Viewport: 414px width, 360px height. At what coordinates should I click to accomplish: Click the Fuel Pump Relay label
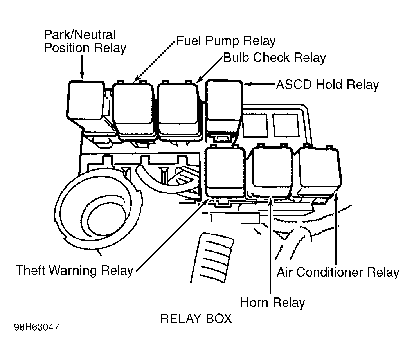coord(226,41)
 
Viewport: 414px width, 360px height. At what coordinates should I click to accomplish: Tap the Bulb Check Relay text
coord(275,58)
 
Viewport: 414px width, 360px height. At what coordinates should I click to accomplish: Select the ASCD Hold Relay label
coord(328,85)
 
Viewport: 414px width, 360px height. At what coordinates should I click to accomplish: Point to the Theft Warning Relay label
coord(74,270)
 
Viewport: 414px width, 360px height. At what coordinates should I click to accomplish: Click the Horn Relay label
coord(272,302)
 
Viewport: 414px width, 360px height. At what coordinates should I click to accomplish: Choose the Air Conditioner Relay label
coord(338,272)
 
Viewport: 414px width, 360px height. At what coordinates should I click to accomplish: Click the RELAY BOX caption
coord(196,319)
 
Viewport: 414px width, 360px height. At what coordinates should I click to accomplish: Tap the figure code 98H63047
coord(37,327)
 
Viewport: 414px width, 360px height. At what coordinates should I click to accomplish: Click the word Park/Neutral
coord(80,35)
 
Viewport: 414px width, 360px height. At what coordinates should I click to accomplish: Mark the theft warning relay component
coord(225,172)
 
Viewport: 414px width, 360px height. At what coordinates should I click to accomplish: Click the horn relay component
coord(272,172)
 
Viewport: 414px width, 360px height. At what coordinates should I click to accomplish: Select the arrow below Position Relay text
coord(83,67)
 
